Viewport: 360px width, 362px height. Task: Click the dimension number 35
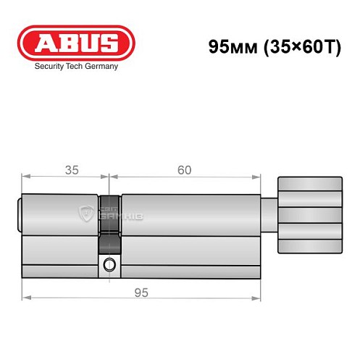(x=70, y=171)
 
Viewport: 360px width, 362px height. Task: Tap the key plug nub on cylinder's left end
(x=19, y=215)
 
